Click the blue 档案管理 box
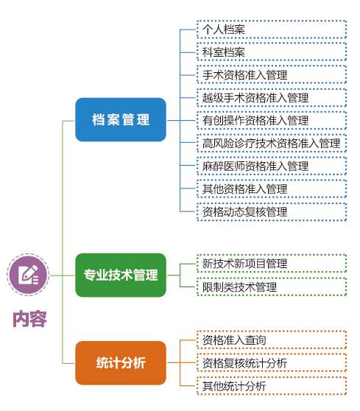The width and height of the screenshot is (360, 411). point(121,119)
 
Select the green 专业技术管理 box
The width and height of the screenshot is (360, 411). point(121,275)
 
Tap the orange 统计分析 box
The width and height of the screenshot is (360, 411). point(121,363)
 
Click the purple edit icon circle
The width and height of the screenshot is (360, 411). point(28,275)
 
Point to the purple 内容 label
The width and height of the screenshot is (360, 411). point(29,319)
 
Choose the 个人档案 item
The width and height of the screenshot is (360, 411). point(272,29)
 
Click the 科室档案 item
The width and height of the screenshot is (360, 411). point(272,52)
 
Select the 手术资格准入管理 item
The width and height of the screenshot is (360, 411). point(272,75)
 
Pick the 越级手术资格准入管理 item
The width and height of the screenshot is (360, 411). point(272,98)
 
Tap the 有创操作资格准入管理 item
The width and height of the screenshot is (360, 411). point(272,121)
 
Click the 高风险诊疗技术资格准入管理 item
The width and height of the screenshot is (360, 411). point(272,143)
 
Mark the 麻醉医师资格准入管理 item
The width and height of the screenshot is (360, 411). point(272,166)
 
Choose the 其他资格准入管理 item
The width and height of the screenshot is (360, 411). point(272,189)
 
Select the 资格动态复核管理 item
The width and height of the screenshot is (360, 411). point(272,211)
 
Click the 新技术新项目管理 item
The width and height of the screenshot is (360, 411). point(272,264)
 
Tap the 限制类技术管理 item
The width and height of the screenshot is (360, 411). point(272,287)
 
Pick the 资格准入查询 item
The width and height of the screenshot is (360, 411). point(272,340)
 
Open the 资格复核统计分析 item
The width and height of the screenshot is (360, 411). point(272,363)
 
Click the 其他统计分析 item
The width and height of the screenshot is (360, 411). point(272,386)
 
